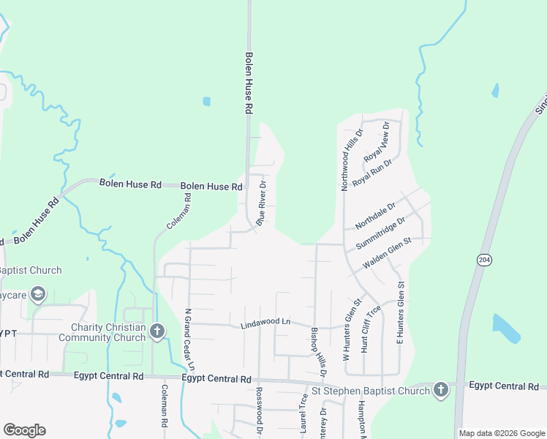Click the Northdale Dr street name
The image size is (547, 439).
(x=374, y=215)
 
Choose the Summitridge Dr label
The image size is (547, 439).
(x=380, y=233)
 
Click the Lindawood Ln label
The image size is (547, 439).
(x=265, y=322)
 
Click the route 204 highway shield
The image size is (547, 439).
(x=484, y=260)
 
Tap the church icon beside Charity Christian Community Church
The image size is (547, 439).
(x=156, y=331)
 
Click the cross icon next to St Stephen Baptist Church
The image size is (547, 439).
(x=440, y=390)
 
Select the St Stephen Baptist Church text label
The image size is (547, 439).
(x=371, y=391)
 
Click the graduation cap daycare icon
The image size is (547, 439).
(x=38, y=295)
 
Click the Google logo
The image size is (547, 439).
(x=24, y=430)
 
